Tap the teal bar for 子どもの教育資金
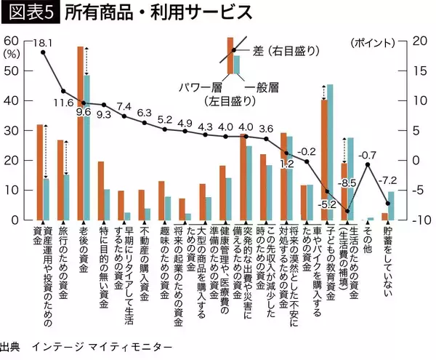point(330,152)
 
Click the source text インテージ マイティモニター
point(102,345)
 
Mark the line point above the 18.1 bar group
point(43,53)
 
